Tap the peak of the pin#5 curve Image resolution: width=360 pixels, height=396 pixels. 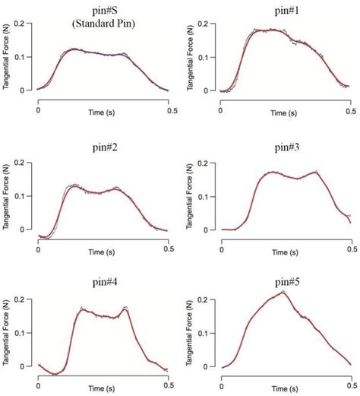click(283, 292)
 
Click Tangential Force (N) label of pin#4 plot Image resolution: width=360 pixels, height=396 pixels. click(7, 334)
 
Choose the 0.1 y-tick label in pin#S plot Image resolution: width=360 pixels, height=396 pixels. click(25, 58)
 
